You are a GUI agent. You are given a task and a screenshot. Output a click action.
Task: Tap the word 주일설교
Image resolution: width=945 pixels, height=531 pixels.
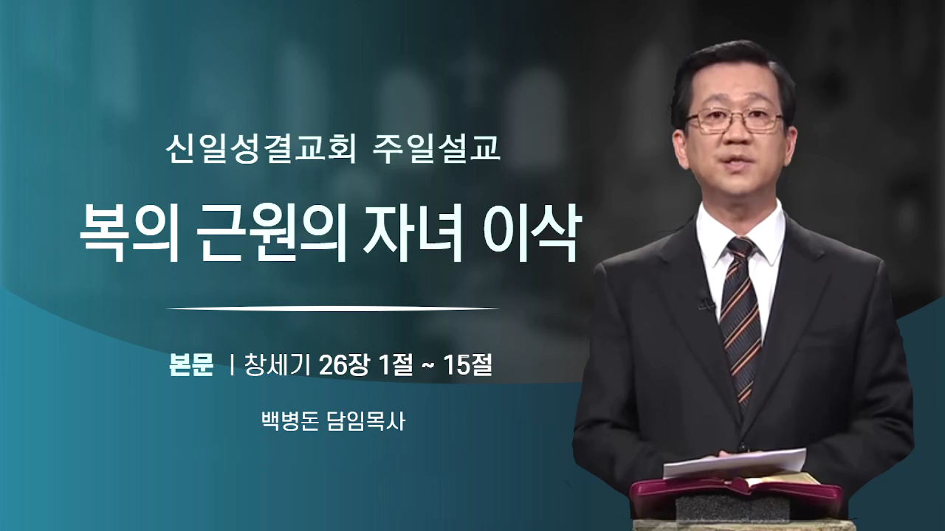(436, 149)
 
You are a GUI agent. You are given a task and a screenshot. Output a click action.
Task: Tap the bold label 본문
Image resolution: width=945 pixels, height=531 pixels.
(191, 365)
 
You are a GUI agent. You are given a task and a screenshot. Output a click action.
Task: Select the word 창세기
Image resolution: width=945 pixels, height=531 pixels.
(278, 365)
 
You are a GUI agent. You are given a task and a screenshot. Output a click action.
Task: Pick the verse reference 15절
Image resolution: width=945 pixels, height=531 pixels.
(467, 365)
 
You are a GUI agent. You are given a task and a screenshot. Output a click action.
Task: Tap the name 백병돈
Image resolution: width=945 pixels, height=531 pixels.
(290, 421)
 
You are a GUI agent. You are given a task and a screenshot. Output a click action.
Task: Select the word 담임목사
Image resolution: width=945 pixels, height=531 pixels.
(366, 421)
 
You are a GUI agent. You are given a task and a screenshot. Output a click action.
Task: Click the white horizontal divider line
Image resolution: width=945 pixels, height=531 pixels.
(333, 308)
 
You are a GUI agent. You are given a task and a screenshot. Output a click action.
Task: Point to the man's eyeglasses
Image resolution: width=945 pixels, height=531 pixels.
(735, 120)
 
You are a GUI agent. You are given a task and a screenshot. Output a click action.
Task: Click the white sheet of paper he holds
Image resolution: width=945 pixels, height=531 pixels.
(735, 464)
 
